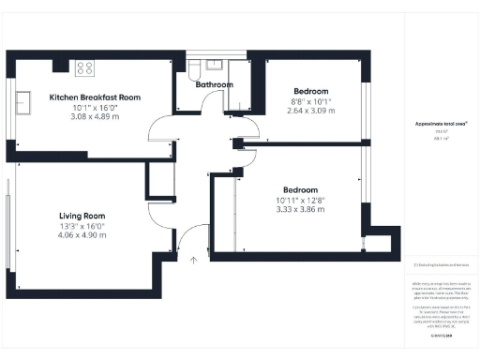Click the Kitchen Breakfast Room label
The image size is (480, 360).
96,97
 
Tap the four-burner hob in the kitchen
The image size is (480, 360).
83,67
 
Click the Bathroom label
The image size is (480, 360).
214,84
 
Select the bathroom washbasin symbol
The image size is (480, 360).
215,65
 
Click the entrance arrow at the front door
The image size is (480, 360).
194,259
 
